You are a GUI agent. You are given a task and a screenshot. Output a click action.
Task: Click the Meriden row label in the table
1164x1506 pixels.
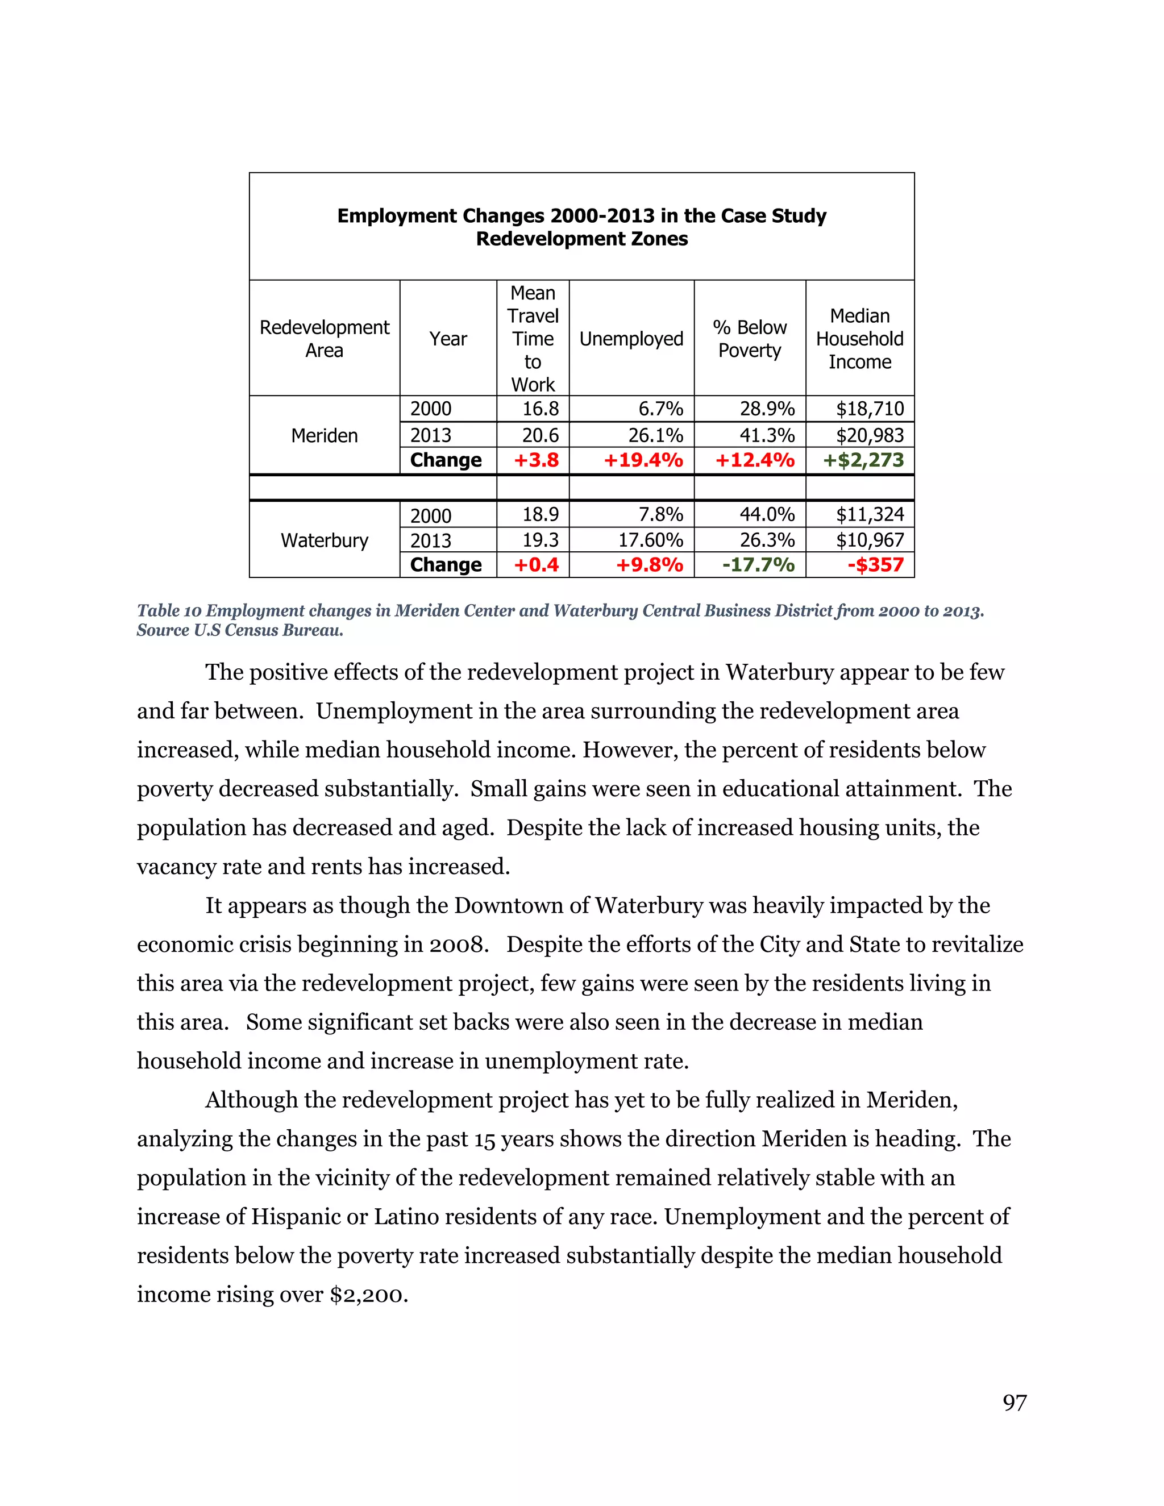[x=324, y=436]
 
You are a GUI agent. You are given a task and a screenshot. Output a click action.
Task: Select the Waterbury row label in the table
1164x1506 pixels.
[x=324, y=540]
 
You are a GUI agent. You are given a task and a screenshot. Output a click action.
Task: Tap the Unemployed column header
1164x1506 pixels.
[x=631, y=339]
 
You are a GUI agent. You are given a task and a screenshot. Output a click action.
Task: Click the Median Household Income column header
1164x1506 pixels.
[x=859, y=339]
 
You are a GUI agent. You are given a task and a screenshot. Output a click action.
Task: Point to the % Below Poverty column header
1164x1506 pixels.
[x=750, y=339]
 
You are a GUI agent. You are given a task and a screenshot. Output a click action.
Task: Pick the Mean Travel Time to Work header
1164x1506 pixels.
[x=533, y=339]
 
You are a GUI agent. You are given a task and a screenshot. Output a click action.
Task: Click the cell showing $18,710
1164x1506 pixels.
[x=870, y=409]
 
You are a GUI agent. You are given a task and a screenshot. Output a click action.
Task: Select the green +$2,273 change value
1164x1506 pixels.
[x=863, y=460]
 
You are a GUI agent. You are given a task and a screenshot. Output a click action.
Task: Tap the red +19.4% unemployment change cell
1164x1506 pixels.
[x=643, y=460]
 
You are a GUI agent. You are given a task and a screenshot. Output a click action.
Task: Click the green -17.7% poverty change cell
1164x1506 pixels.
[x=758, y=565]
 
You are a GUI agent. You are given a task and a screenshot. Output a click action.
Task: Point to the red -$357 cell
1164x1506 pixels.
[x=875, y=565]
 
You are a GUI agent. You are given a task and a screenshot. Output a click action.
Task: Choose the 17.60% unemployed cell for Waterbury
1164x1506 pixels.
[x=650, y=540]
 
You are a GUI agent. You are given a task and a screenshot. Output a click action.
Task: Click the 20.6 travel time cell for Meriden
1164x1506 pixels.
[x=540, y=435]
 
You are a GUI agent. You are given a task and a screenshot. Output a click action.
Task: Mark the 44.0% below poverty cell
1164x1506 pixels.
[x=767, y=514]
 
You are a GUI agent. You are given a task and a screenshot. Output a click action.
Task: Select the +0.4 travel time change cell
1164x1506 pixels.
[x=536, y=565]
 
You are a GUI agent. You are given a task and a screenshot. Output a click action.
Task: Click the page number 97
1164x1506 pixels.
[x=1015, y=1403]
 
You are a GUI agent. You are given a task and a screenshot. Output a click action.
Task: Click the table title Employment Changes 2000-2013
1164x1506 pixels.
[x=581, y=216]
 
